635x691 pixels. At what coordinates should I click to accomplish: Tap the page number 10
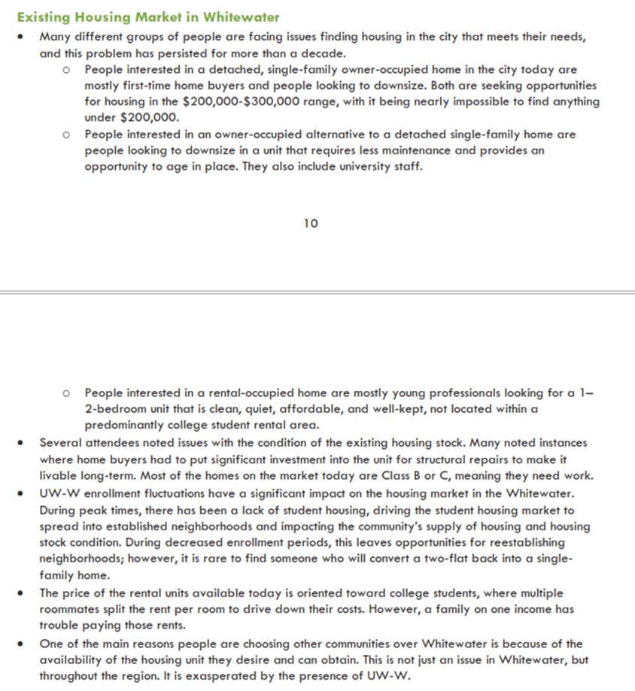[311, 223]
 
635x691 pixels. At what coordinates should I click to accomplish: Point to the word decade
[325, 53]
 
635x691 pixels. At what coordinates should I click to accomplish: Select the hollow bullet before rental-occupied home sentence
[67, 393]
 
